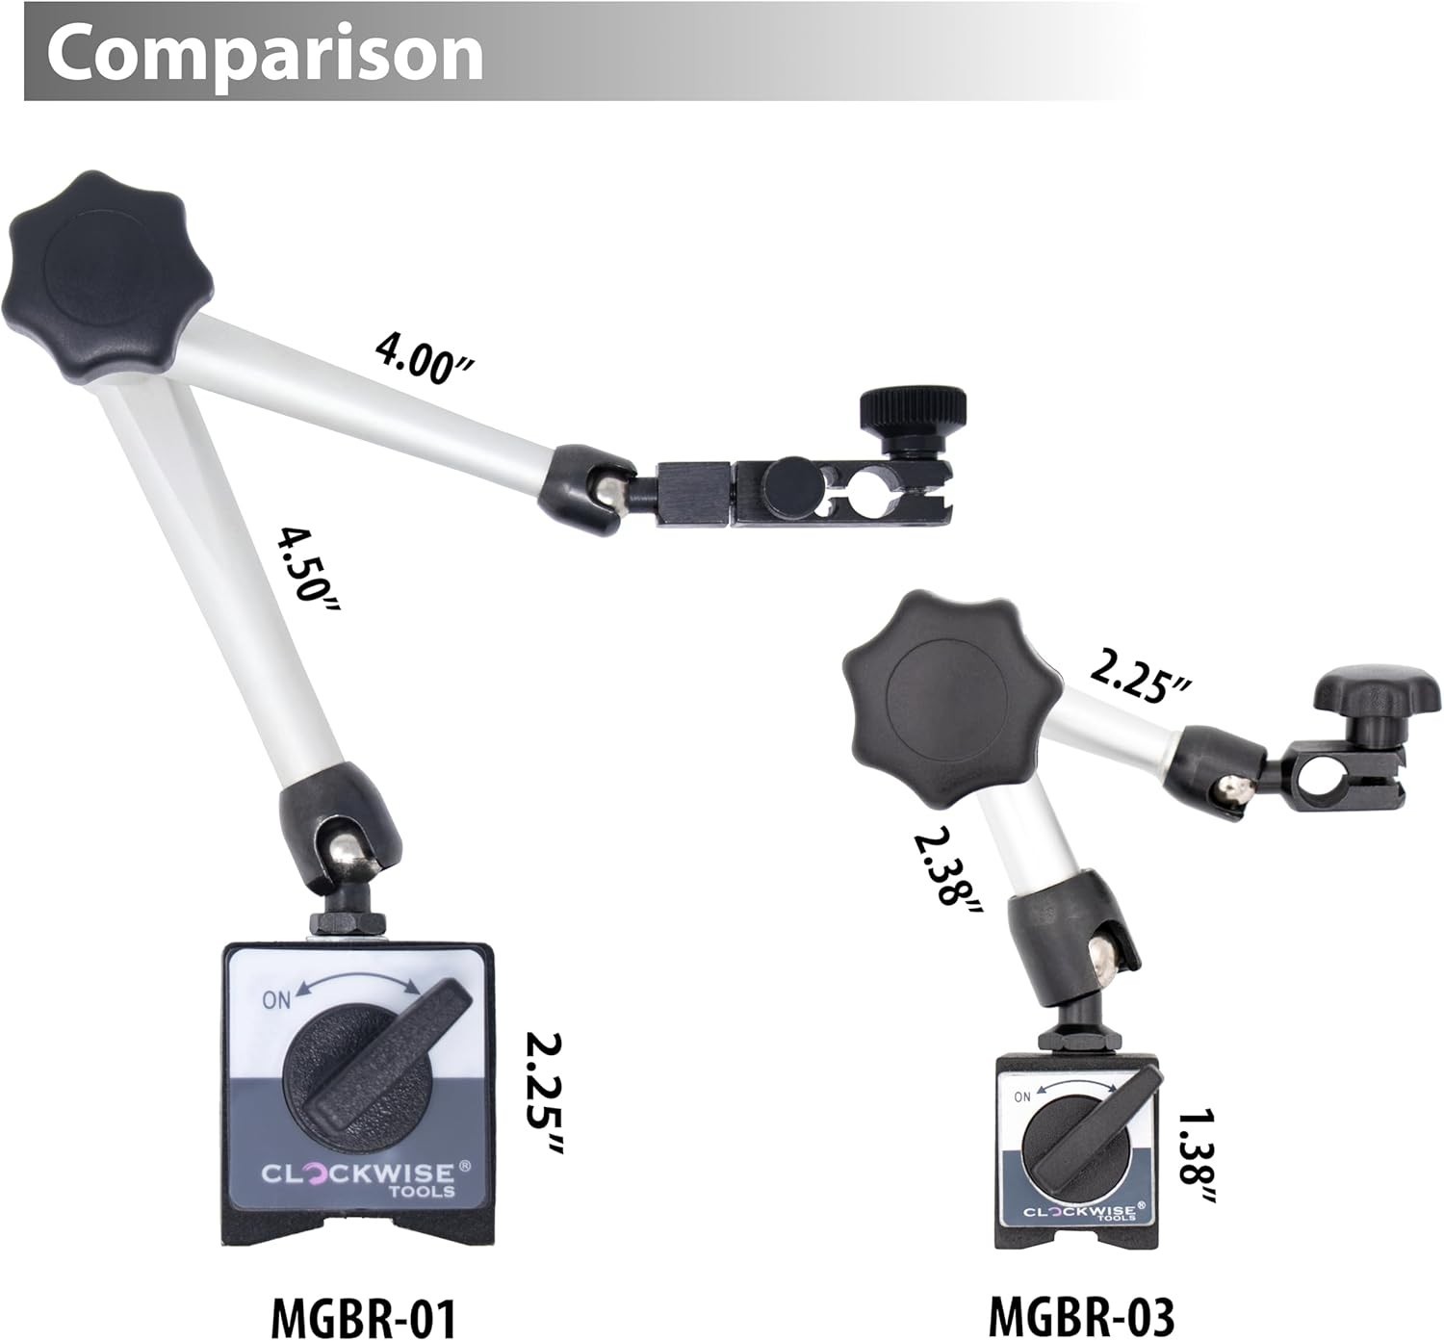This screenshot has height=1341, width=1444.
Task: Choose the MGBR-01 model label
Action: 364,1315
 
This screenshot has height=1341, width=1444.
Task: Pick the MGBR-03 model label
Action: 1081,1315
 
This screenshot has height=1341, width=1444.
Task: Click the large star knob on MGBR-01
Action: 108,278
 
